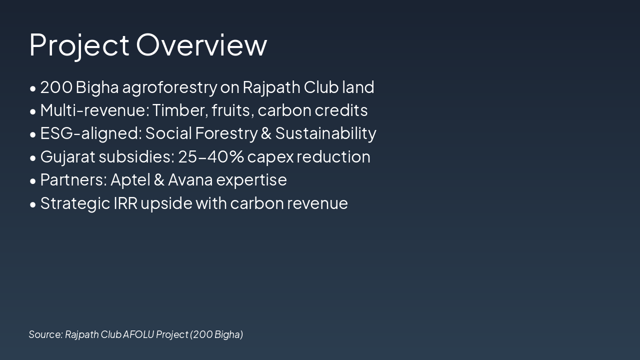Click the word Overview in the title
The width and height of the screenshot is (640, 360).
pyautogui.click(x=201, y=45)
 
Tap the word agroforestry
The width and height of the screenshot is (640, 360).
pyautogui.click(x=169, y=87)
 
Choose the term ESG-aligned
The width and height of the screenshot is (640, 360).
pyautogui.click(x=91, y=133)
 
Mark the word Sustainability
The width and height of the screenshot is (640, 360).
pyautogui.click(x=325, y=133)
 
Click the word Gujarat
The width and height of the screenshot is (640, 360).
pyautogui.click(x=67, y=157)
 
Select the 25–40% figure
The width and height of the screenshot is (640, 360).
pyautogui.click(x=211, y=157)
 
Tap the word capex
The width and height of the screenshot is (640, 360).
pyautogui.click(x=270, y=157)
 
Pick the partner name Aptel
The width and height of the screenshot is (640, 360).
pyautogui.click(x=130, y=180)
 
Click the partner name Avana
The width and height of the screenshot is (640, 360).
pyautogui.click(x=190, y=180)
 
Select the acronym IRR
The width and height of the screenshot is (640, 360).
pyautogui.click(x=125, y=203)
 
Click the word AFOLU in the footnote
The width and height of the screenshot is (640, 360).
pyautogui.click(x=138, y=334)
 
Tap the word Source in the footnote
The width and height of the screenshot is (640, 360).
pyautogui.click(x=45, y=334)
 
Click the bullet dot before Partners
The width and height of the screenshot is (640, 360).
pyautogui.click(x=33, y=181)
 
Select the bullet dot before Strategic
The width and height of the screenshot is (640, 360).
pyautogui.click(x=33, y=204)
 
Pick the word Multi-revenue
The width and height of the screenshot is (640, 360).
pyautogui.click(x=95, y=110)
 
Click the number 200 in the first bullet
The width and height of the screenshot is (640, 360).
pyautogui.click(x=56, y=87)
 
